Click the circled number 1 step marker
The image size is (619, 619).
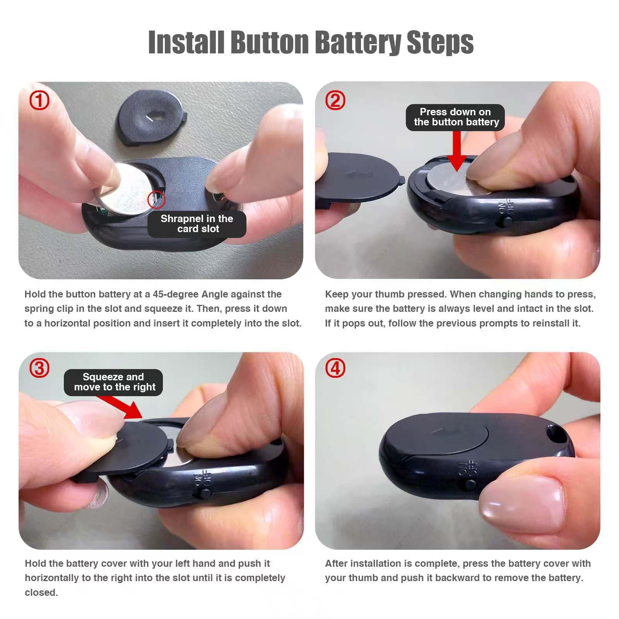coord(39,101)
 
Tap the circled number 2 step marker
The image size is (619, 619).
coord(335,101)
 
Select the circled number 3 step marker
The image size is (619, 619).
coord(39,368)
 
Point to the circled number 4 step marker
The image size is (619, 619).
coord(335,368)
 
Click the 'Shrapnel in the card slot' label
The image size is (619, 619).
coord(197,224)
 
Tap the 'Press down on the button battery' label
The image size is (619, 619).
coord(455,117)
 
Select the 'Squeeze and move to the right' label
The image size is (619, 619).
coord(113,382)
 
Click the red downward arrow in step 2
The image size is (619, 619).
coord(457,151)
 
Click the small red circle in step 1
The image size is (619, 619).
coord(156,200)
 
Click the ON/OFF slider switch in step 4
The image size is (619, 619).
coord(470,484)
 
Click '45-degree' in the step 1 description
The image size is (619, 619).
coord(176,294)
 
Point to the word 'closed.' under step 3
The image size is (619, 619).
coord(41,592)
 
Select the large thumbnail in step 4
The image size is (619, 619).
coord(522,503)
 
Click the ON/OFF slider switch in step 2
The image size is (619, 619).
coord(507,222)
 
